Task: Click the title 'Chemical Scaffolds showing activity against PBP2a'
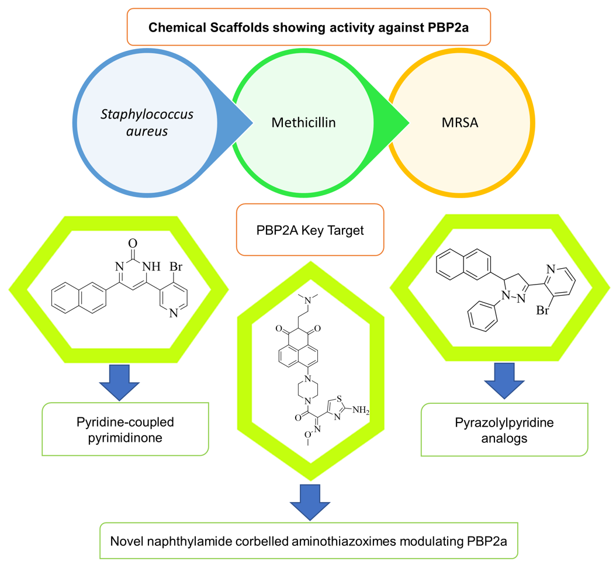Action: (x=307, y=27)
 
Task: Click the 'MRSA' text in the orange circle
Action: (x=459, y=123)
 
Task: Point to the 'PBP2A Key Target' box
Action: (x=310, y=230)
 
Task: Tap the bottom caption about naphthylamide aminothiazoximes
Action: (x=310, y=540)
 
